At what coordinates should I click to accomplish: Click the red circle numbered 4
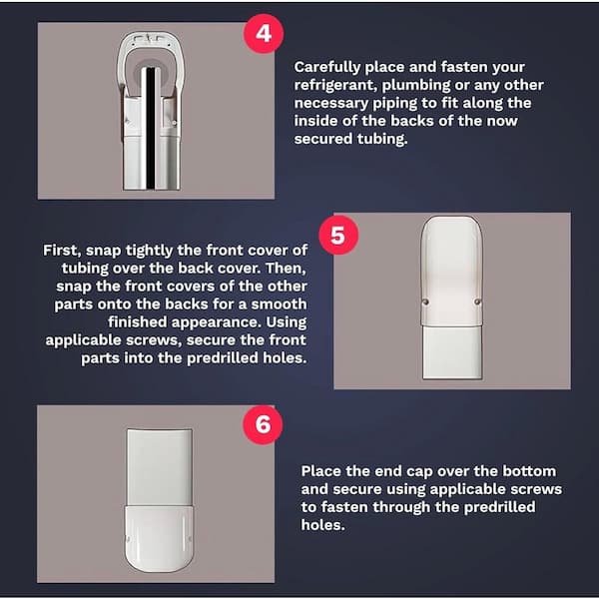[264, 33]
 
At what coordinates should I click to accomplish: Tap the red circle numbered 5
[338, 235]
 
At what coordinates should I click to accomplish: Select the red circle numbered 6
[263, 424]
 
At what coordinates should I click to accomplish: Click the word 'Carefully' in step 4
[327, 67]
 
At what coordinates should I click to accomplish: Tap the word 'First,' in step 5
[62, 251]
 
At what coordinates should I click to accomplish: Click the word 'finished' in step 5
[138, 322]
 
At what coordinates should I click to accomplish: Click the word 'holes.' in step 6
[322, 525]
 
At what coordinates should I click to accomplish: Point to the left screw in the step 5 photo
[425, 302]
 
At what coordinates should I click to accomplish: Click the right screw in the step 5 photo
[477, 302]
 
